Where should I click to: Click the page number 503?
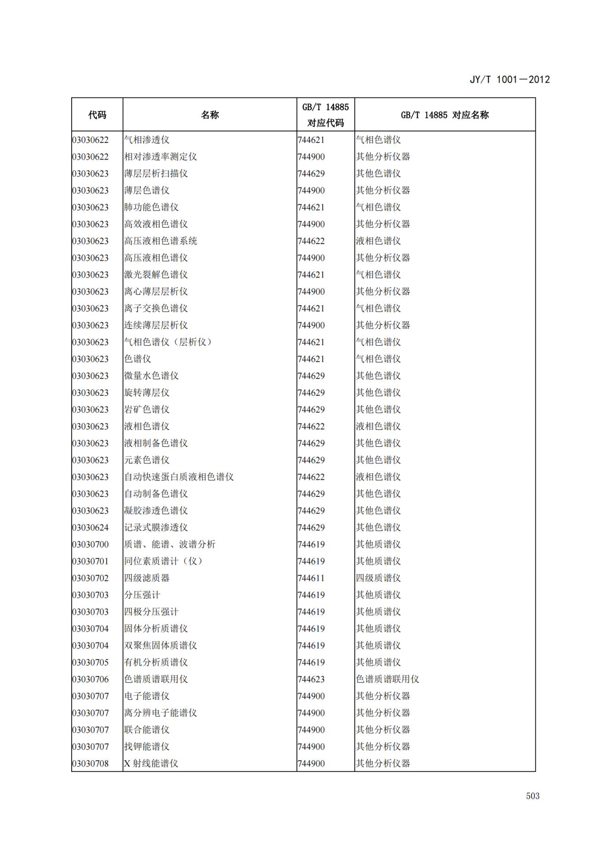[x=532, y=796]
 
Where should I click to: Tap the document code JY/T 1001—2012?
[x=509, y=80]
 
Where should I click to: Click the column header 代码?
[x=97, y=115]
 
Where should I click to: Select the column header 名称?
[x=210, y=115]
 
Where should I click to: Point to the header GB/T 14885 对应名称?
[x=444, y=115]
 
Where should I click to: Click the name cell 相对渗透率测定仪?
[x=160, y=157]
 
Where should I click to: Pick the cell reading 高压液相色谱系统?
[x=160, y=241]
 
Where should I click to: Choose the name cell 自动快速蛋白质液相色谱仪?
[x=179, y=477]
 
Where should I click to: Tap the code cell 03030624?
[x=91, y=528]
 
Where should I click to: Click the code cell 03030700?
[x=91, y=545]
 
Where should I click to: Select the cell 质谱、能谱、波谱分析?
[x=170, y=545]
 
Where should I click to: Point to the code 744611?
[x=311, y=578]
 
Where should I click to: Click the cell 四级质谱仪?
[x=378, y=578]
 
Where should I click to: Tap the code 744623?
[x=311, y=679]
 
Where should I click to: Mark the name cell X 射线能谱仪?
[x=151, y=763]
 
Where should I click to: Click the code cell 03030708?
[x=91, y=763]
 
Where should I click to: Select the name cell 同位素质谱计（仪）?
[x=163, y=561]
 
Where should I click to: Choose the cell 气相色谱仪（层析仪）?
[x=168, y=342]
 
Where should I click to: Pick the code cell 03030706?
[x=91, y=679]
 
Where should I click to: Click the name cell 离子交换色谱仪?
[x=156, y=308]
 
